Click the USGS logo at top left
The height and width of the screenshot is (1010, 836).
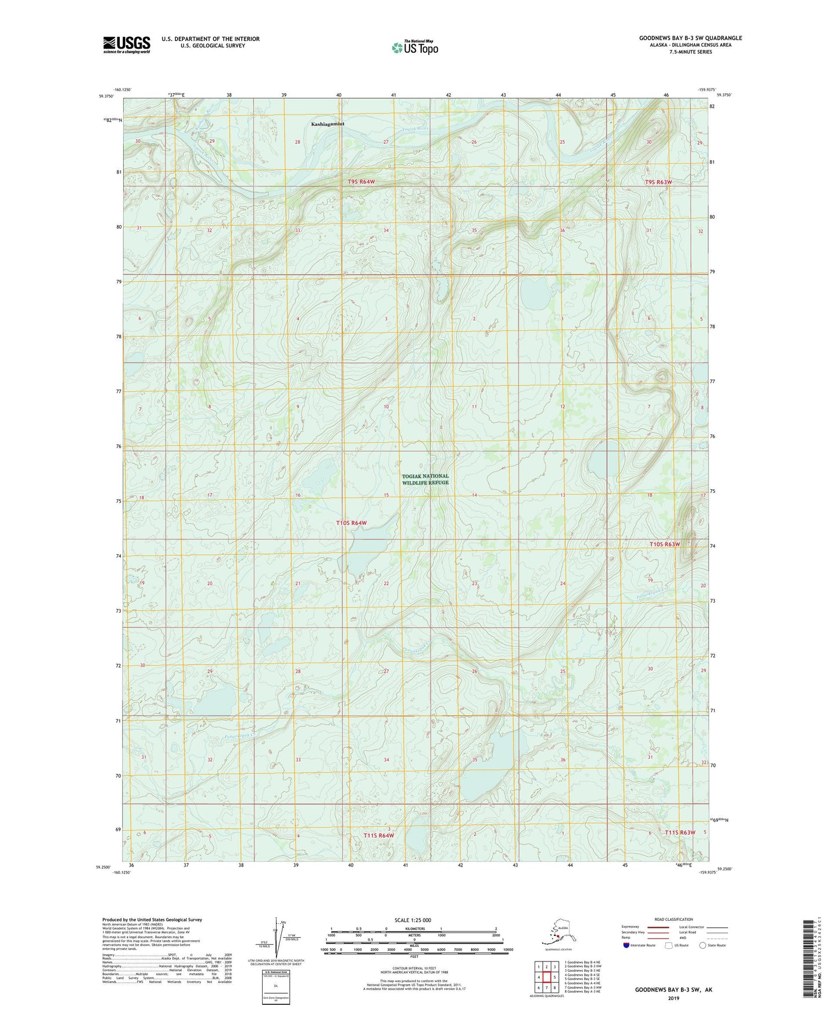127,45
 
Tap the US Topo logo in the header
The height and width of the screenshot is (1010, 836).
414,47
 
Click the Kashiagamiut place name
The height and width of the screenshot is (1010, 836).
327,124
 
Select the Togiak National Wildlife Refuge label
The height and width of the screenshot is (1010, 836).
425,479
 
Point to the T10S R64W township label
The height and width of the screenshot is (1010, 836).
351,523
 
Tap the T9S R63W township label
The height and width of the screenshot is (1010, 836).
658,182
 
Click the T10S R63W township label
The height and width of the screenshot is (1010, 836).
664,544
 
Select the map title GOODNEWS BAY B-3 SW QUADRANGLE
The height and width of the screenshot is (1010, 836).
690,38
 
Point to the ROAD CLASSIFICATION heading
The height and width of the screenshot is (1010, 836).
673,919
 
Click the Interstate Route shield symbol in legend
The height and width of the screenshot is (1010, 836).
627,945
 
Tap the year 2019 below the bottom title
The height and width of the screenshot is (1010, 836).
673,998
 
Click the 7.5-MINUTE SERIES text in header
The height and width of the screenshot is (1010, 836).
690,52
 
